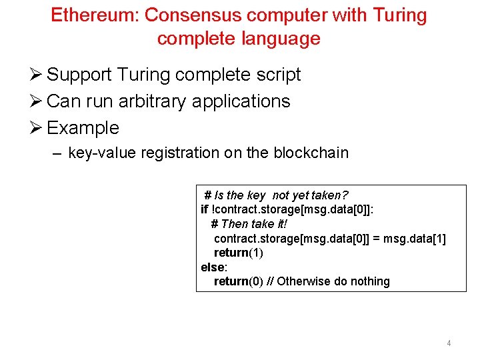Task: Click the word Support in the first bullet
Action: [x=79, y=75]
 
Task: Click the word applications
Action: [x=241, y=101]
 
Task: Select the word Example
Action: [x=83, y=128]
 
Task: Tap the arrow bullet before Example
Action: [x=37, y=128]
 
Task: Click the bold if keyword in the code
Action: [x=204, y=209]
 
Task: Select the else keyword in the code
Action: [x=213, y=267]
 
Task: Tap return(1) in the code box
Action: [x=238, y=253]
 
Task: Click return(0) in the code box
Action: [x=238, y=281]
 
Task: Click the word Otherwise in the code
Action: [x=303, y=281]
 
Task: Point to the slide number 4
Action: [x=449, y=343]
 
